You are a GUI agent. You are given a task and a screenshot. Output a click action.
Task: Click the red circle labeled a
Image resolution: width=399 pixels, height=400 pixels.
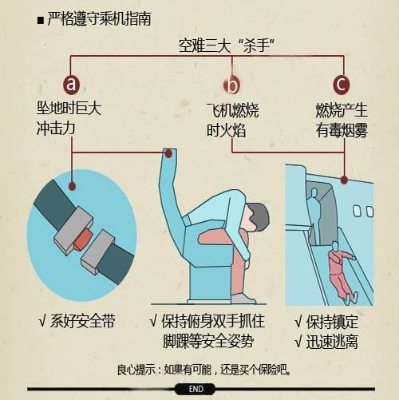coord(71,84)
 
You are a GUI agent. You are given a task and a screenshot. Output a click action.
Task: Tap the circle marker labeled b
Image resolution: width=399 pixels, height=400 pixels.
coord(232,85)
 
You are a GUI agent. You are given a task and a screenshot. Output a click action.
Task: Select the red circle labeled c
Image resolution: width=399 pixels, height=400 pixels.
coord(342,85)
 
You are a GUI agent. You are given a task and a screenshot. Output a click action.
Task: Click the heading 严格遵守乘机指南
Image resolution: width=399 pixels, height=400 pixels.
coord(99,19)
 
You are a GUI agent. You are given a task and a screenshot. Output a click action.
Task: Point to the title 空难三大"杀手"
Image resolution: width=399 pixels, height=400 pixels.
coord(227,46)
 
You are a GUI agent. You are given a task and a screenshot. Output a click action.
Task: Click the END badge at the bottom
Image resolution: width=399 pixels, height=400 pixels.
coord(196,389)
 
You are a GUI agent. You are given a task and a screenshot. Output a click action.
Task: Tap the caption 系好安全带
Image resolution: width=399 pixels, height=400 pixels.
coord(82,321)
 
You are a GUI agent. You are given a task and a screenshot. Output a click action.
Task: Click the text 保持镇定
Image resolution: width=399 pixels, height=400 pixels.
coord(332,322)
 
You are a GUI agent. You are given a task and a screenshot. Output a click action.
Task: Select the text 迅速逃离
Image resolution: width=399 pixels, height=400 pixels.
coord(332,342)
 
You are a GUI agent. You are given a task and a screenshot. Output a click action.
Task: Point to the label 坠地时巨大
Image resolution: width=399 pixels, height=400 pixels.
coord(69,109)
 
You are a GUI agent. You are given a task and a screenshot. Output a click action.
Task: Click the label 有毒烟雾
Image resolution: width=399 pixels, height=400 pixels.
coord(342,130)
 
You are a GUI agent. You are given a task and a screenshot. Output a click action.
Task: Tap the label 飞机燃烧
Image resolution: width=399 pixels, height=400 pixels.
coord(233,110)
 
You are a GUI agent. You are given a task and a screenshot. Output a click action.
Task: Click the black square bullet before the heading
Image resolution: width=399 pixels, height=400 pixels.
coord(41,21)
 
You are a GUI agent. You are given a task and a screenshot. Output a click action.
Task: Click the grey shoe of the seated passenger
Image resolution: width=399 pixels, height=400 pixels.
coord(243,299)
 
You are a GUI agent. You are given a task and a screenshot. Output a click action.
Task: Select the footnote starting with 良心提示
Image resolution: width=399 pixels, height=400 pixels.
coord(203,370)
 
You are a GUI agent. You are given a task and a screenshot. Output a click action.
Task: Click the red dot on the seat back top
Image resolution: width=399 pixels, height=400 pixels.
coord(168,153)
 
